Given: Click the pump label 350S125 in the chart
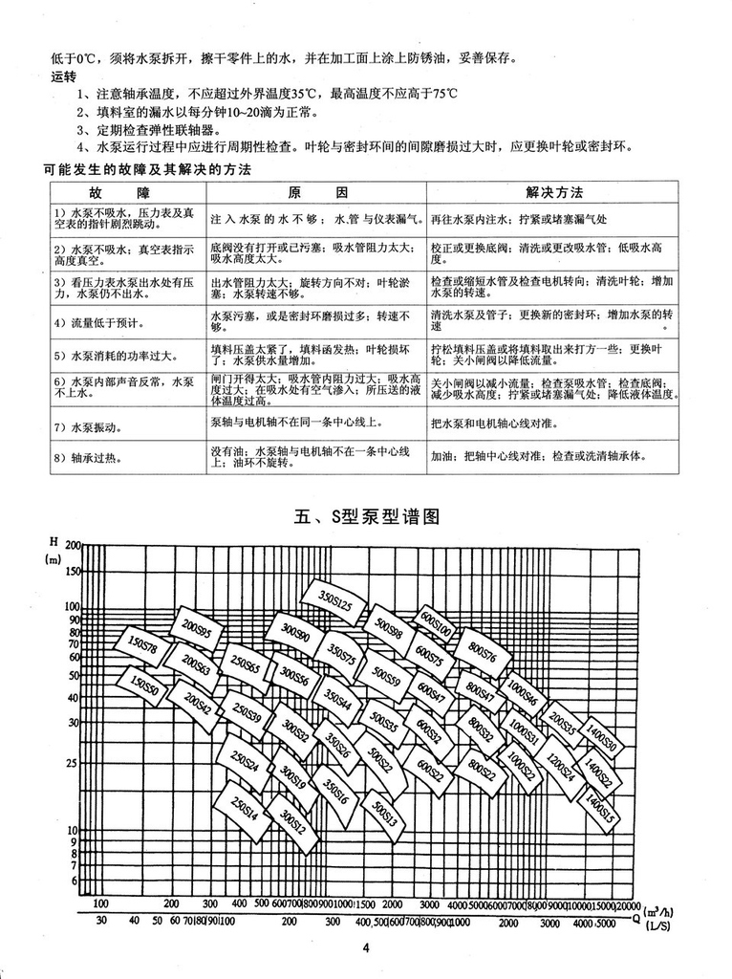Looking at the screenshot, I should pyautogui.click(x=334, y=603).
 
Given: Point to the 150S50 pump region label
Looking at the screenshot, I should pyautogui.click(x=143, y=685).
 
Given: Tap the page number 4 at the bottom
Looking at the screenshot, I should pyautogui.click(x=366, y=948).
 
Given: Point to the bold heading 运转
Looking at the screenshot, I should pyautogui.click(x=63, y=77).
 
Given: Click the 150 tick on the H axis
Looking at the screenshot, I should pyautogui.click(x=72, y=572).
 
